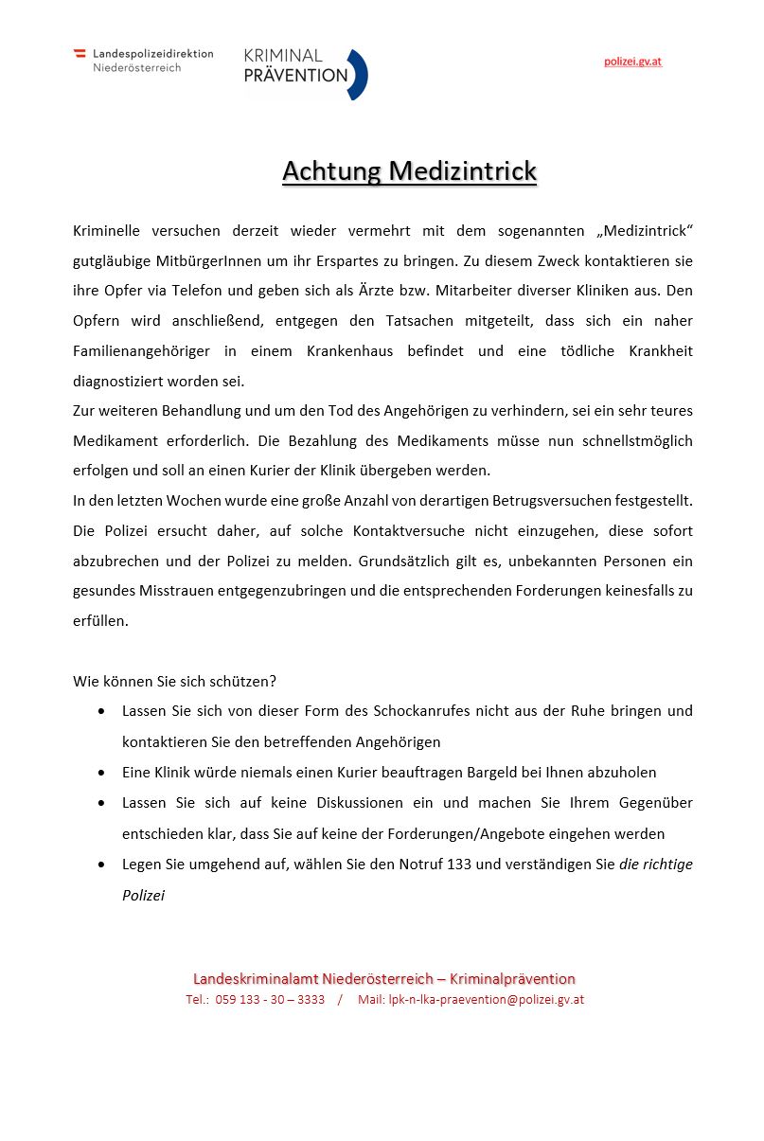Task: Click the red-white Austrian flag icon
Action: click(x=80, y=54)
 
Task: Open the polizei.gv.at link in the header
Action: click(x=632, y=62)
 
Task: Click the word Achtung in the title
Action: click(x=331, y=171)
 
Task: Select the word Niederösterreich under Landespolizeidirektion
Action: click(x=136, y=68)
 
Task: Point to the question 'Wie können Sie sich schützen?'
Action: click(x=174, y=681)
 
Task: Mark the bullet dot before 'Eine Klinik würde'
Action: click(x=101, y=773)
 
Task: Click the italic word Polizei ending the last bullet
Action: click(x=143, y=895)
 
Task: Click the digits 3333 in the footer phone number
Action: click(x=311, y=1000)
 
